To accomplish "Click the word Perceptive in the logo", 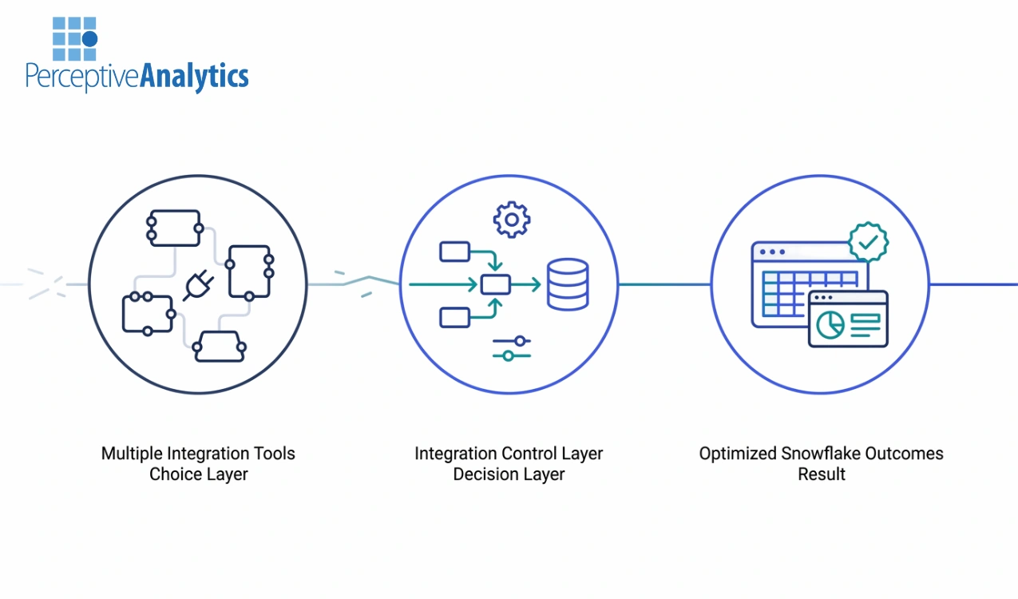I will pos(82,77).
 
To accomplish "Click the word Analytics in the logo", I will pos(194,76).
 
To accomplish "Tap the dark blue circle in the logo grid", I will pos(89,38).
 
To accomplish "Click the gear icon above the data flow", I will pos(511,220).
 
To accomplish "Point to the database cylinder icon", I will pos(568,285).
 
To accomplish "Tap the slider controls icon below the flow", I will pos(512,348).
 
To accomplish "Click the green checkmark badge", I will pos(868,240).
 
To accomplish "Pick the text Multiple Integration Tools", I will pos(198,454).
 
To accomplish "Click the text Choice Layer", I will pos(198,474).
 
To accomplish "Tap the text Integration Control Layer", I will pos(509,454).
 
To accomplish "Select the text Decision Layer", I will pos(509,474).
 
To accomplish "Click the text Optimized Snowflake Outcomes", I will pos(821,454).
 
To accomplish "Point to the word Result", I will pos(821,474).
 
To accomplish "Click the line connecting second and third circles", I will pos(664,284).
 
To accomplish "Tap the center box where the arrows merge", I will pos(495,284).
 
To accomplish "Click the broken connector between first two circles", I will pos(355,282).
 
